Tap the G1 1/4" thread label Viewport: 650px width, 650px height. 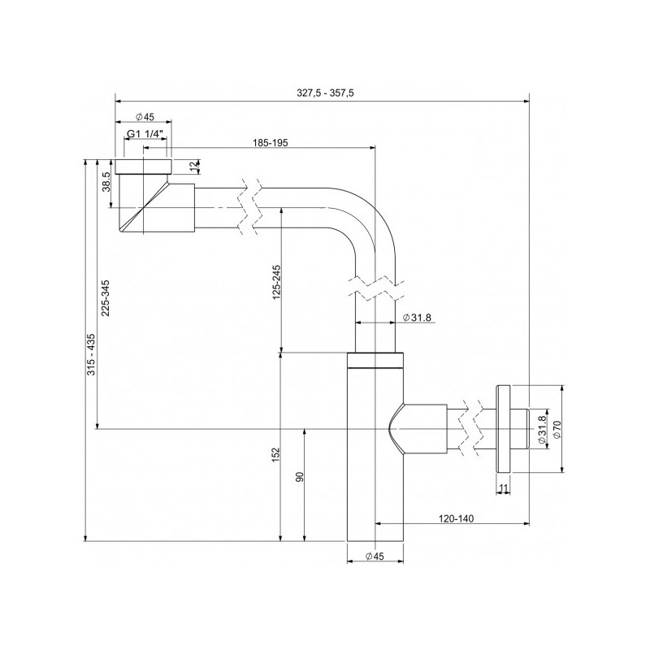(x=146, y=133)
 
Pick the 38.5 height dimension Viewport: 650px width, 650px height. (x=106, y=183)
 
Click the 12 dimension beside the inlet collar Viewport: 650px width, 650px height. (x=193, y=167)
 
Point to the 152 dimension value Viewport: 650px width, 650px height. (x=275, y=455)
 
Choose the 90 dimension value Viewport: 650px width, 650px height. (x=299, y=477)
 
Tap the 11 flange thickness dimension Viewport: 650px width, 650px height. (x=504, y=487)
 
